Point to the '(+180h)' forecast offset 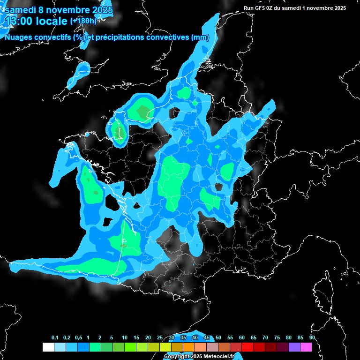pyautogui.click(x=84, y=21)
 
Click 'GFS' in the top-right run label pyautogui.click(x=261, y=8)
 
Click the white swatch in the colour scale pyautogui.click(x=48, y=347)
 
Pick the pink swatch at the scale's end pyautogui.click(x=306, y=347)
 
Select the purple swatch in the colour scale pyautogui.click(x=294, y=347)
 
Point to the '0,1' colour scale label pyautogui.click(x=55, y=338)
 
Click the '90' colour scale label pyautogui.click(x=312, y=338)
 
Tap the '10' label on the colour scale pyautogui.click(x=125, y=338)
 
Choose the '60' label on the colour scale pyautogui.click(x=242, y=338)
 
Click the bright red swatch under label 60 pyautogui.click(x=247, y=347)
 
